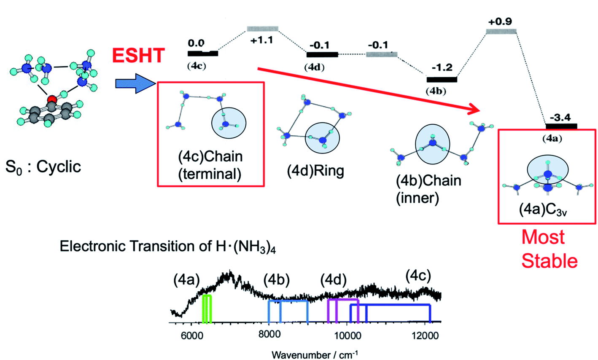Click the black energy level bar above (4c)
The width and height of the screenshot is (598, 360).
pyautogui.click(x=203, y=54)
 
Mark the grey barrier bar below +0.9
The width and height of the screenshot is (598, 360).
pyautogui.click(x=501, y=31)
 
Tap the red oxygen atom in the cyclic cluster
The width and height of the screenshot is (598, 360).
pyautogui.click(x=52, y=100)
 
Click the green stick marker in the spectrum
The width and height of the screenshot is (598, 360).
pyautogui.click(x=207, y=309)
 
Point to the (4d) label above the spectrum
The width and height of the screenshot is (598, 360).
pyautogui.click(x=333, y=279)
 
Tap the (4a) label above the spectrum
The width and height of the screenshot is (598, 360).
pyautogui.click(x=186, y=280)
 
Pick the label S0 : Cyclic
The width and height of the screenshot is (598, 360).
pyautogui.click(x=43, y=167)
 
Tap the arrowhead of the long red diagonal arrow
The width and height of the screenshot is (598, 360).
pyautogui.click(x=476, y=110)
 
